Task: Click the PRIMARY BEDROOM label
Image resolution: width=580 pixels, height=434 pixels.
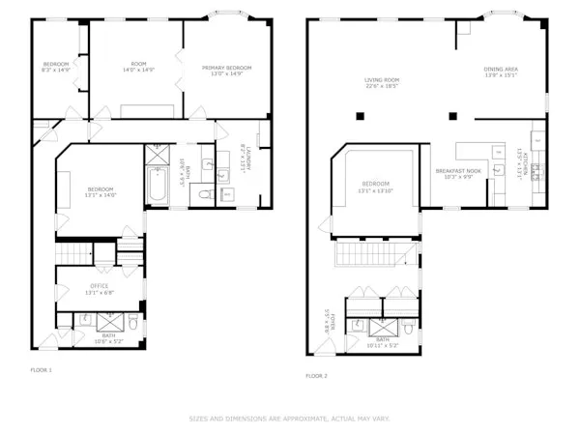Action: click(x=227, y=67)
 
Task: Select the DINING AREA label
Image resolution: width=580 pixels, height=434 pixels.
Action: click(x=501, y=69)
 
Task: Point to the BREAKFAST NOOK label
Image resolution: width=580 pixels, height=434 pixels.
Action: click(x=453, y=170)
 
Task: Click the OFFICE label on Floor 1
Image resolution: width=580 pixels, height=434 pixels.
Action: click(x=99, y=286)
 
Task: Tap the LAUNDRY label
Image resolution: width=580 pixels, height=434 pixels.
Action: click(x=247, y=159)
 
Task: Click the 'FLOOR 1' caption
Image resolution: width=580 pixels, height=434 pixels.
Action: click(x=42, y=369)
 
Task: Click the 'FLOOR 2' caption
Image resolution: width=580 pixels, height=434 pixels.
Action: click(x=317, y=375)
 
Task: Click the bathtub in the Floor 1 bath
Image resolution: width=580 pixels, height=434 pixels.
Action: click(x=158, y=184)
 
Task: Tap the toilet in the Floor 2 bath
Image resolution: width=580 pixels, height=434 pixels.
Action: click(x=409, y=329)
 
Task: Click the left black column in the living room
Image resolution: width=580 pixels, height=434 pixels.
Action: click(x=360, y=116)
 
